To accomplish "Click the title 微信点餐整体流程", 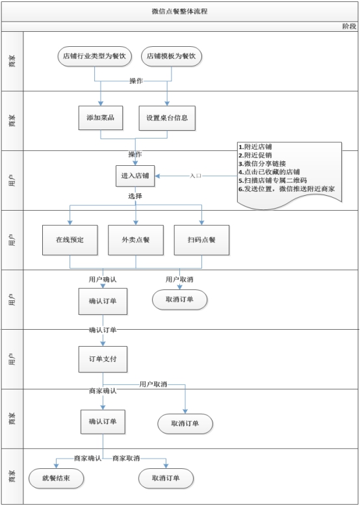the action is [179, 12].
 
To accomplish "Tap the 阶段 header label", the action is [350, 27].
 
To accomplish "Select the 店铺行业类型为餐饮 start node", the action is [95, 57].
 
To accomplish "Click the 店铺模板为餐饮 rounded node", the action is [171, 57].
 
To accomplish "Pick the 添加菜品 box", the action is [101, 118].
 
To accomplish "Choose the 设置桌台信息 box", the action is [167, 118].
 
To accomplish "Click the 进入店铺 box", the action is [135, 176].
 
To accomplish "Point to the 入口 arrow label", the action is [196, 176].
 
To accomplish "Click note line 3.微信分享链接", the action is [262, 164].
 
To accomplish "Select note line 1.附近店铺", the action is [255, 147].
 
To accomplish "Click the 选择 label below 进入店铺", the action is [135, 196].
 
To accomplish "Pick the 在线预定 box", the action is [70, 240].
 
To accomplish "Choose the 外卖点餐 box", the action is [136, 240].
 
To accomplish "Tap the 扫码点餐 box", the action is [201, 240].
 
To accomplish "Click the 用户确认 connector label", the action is [103, 280].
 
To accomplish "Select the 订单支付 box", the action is [103, 359].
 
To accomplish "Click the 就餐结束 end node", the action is [56, 478].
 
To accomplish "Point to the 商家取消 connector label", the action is [126, 459].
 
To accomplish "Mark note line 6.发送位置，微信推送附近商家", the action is [287, 189].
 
